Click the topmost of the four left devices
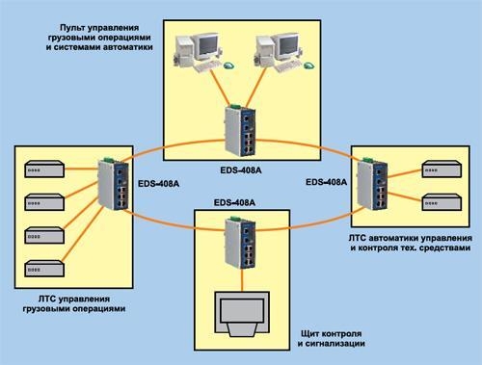(44, 169)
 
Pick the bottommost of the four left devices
(44, 266)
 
